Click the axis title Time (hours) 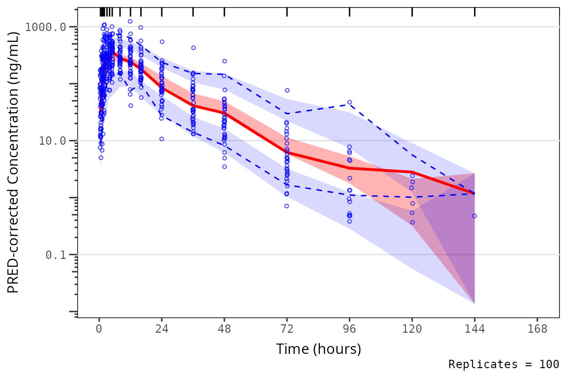point(318,349)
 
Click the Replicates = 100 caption point(504,365)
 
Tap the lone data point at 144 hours point(474,216)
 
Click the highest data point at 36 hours point(193,48)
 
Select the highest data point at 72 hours point(287,91)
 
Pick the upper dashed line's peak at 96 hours point(349,102)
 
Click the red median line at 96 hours point(349,168)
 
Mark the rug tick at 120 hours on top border point(412,12)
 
